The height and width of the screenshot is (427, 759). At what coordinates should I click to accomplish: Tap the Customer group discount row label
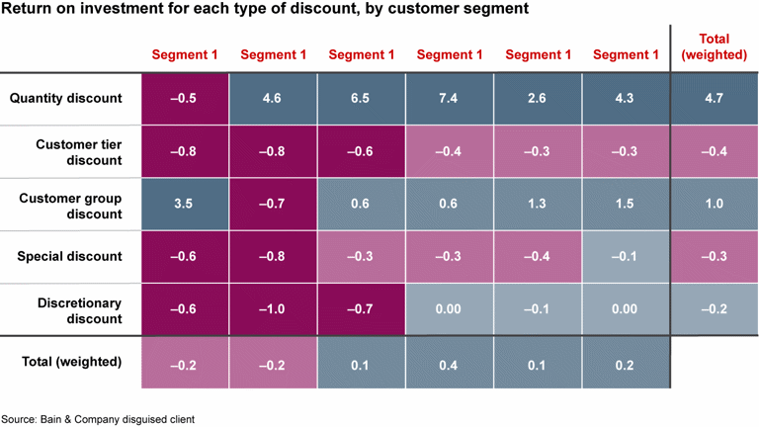71,206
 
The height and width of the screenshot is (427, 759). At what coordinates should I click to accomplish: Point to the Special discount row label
69,257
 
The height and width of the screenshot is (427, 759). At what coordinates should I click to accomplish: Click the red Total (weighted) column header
714,46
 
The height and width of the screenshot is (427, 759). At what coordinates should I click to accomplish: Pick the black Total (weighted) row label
71,362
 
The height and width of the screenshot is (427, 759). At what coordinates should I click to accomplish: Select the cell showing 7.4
450,98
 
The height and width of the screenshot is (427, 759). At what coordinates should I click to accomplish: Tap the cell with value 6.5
361,98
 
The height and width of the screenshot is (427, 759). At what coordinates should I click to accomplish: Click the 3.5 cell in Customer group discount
185,205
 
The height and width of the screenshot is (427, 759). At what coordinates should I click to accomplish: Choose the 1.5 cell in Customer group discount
626,205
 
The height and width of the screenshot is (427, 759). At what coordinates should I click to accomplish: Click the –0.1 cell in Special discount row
626,257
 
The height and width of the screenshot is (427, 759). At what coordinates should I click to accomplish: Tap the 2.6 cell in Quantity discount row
538,98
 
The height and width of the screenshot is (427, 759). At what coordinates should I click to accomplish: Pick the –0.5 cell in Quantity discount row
185,98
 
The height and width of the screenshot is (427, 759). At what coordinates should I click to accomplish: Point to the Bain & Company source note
98,419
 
